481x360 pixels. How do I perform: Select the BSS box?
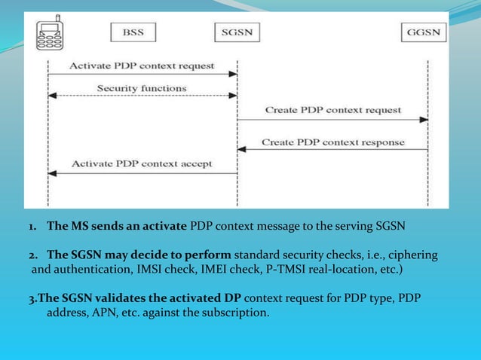point(131,33)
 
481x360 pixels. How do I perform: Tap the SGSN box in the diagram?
point(237,33)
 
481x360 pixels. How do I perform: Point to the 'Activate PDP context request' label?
point(142,66)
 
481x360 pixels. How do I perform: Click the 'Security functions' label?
point(142,88)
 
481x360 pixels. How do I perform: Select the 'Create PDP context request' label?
point(332,110)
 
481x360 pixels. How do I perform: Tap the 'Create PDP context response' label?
point(332,142)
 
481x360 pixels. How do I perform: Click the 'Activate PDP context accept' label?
point(142,163)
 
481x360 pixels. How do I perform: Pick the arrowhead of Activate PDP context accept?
point(52,173)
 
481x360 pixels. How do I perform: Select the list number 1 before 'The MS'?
point(32,225)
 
